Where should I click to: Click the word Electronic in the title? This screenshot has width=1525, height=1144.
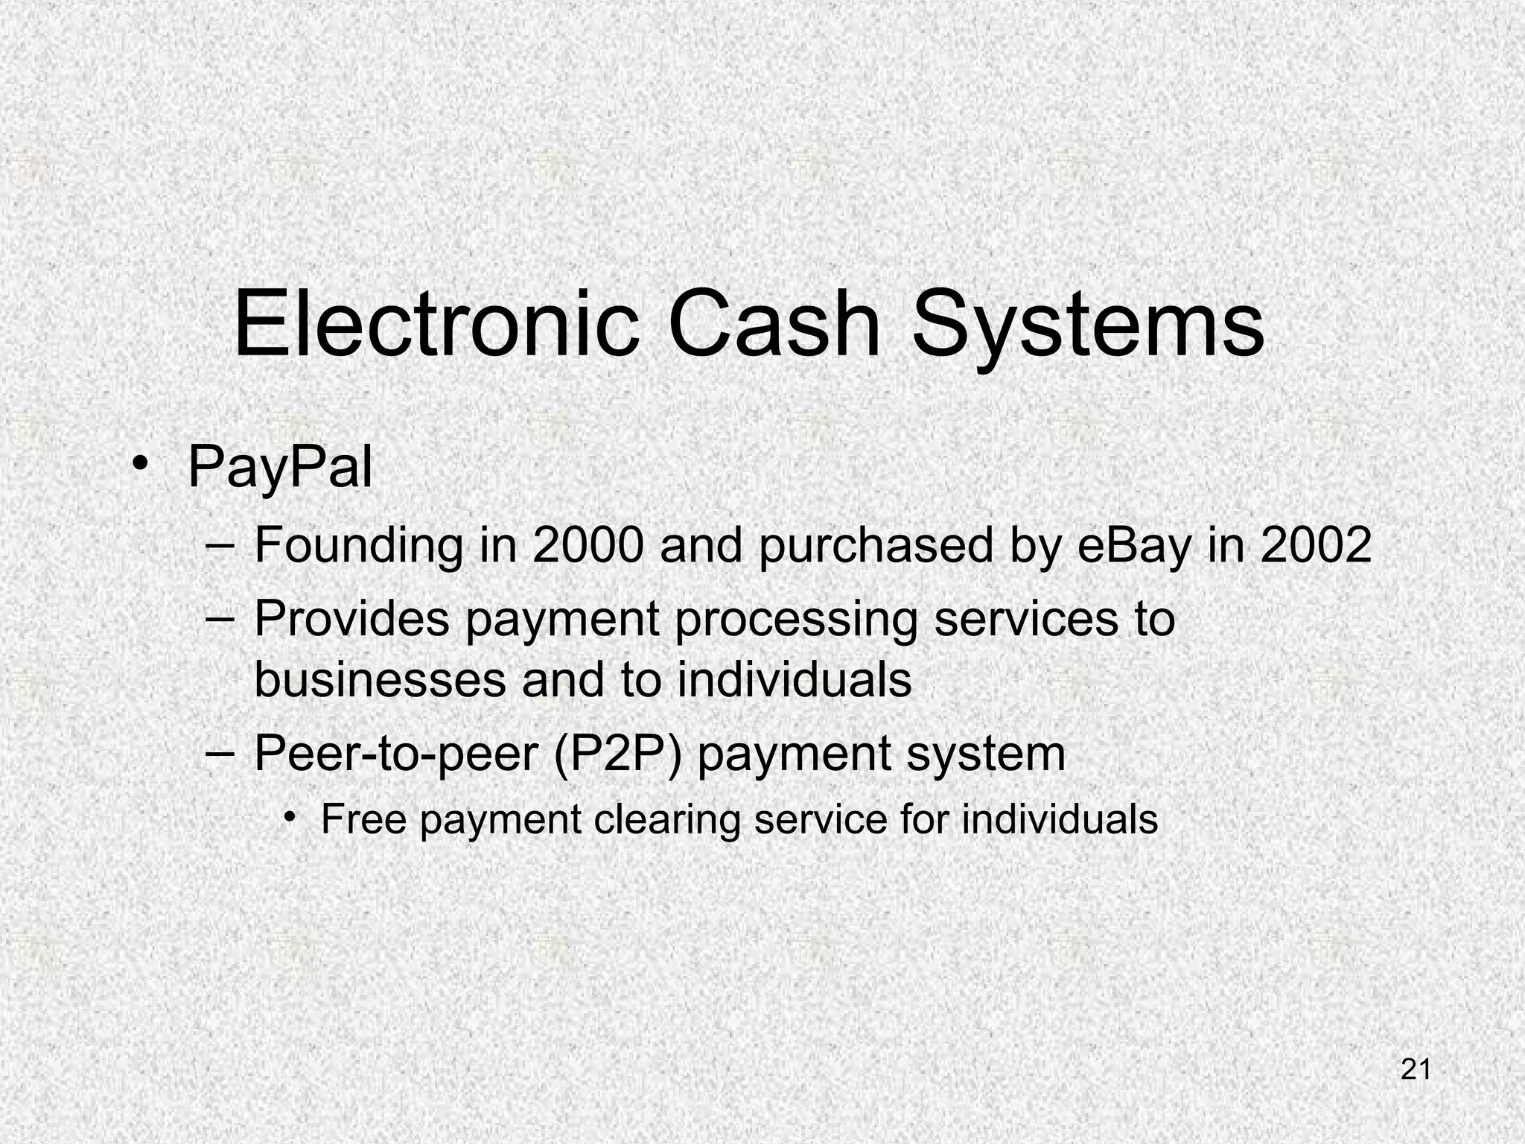(x=436, y=325)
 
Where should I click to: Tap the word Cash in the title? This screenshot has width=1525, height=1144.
(x=775, y=325)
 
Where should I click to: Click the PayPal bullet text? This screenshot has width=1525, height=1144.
(x=280, y=468)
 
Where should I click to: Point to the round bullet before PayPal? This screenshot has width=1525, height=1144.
(x=139, y=468)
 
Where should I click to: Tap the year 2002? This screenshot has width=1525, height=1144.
(x=1317, y=544)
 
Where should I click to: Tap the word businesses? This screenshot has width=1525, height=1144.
(x=379, y=679)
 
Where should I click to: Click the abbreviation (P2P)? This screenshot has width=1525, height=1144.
(x=617, y=754)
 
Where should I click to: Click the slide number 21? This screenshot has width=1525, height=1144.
(x=1416, y=1070)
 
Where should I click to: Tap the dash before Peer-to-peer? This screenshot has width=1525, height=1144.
(x=220, y=752)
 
